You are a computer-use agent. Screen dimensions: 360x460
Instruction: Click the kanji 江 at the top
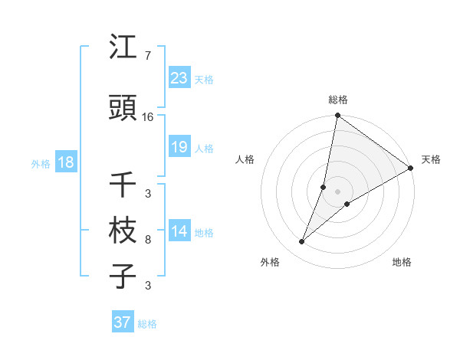(x=123, y=48)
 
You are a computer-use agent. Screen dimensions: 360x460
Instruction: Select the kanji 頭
(x=123, y=109)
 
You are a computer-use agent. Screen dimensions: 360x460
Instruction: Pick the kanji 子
(x=123, y=276)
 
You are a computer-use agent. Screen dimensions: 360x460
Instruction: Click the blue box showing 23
(x=179, y=78)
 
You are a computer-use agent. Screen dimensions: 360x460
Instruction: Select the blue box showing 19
(x=179, y=147)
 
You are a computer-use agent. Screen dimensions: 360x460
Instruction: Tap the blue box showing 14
(x=179, y=232)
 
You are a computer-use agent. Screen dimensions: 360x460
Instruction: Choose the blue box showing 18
(x=65, y=163)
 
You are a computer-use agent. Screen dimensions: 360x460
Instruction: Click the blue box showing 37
(x=123, y=322)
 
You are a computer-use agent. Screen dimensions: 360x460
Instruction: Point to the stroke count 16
(x=148, y=117)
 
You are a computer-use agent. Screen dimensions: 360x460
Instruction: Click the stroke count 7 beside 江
(x=147, y=56)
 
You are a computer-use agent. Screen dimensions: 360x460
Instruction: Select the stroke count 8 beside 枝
(x=147, y=240)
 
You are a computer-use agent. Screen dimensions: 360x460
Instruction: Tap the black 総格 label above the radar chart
(x=337, y=100)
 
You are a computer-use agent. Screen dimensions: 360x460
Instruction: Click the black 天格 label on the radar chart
(x=431, y=159)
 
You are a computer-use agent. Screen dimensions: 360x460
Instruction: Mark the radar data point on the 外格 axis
(x=302, y=242)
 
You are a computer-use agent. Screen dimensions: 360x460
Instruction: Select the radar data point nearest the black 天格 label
(x=411, y=169)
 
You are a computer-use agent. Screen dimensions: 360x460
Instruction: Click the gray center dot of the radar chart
(x=337, y=191)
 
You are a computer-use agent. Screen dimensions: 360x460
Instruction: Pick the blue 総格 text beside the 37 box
(x=147, y=324)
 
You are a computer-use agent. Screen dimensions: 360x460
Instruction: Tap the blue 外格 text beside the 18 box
(x=41, y=164)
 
